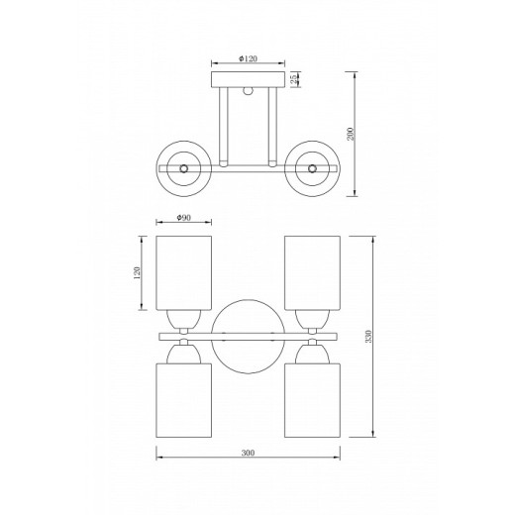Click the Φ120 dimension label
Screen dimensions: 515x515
pos(248,58)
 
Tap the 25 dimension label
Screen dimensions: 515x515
pos(294,79)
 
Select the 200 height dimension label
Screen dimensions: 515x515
pos(350,134)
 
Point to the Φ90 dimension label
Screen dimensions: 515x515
pos(183,217)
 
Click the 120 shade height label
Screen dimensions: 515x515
pos(137,272)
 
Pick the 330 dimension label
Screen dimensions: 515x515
pos(368,337)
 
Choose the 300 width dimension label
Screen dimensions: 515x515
pos(248,453)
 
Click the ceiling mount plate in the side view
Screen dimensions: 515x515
pos(248,79)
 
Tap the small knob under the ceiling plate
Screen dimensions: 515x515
pos(248,91)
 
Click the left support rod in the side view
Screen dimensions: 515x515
pos(224,127)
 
